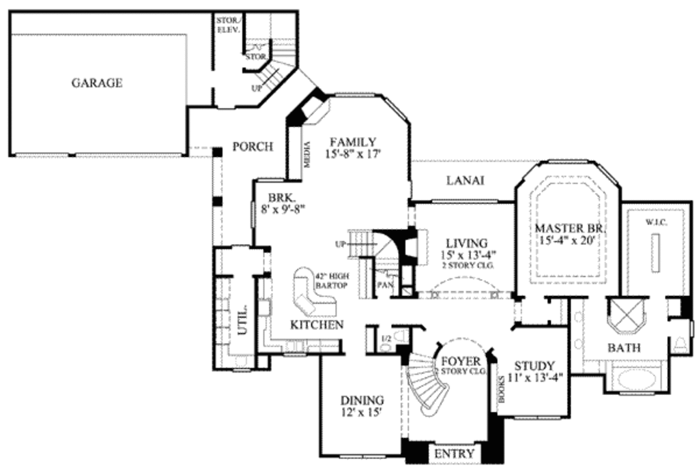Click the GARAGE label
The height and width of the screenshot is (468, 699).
coord(97,83)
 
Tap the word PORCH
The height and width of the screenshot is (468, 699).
coord(253,147)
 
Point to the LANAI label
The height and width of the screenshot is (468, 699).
coord(465,181)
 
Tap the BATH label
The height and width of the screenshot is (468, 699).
coord(624,348)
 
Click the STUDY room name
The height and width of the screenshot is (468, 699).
coord(534,366)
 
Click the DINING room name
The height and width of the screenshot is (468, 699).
coord(362,400)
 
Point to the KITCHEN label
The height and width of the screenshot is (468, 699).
coord(317,325)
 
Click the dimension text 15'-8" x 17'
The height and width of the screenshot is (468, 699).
coord(352,155)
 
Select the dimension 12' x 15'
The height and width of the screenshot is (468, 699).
coord(362,413)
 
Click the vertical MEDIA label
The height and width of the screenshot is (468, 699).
coord(306,156)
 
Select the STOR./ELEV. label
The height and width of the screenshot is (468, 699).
coord(227,25)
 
